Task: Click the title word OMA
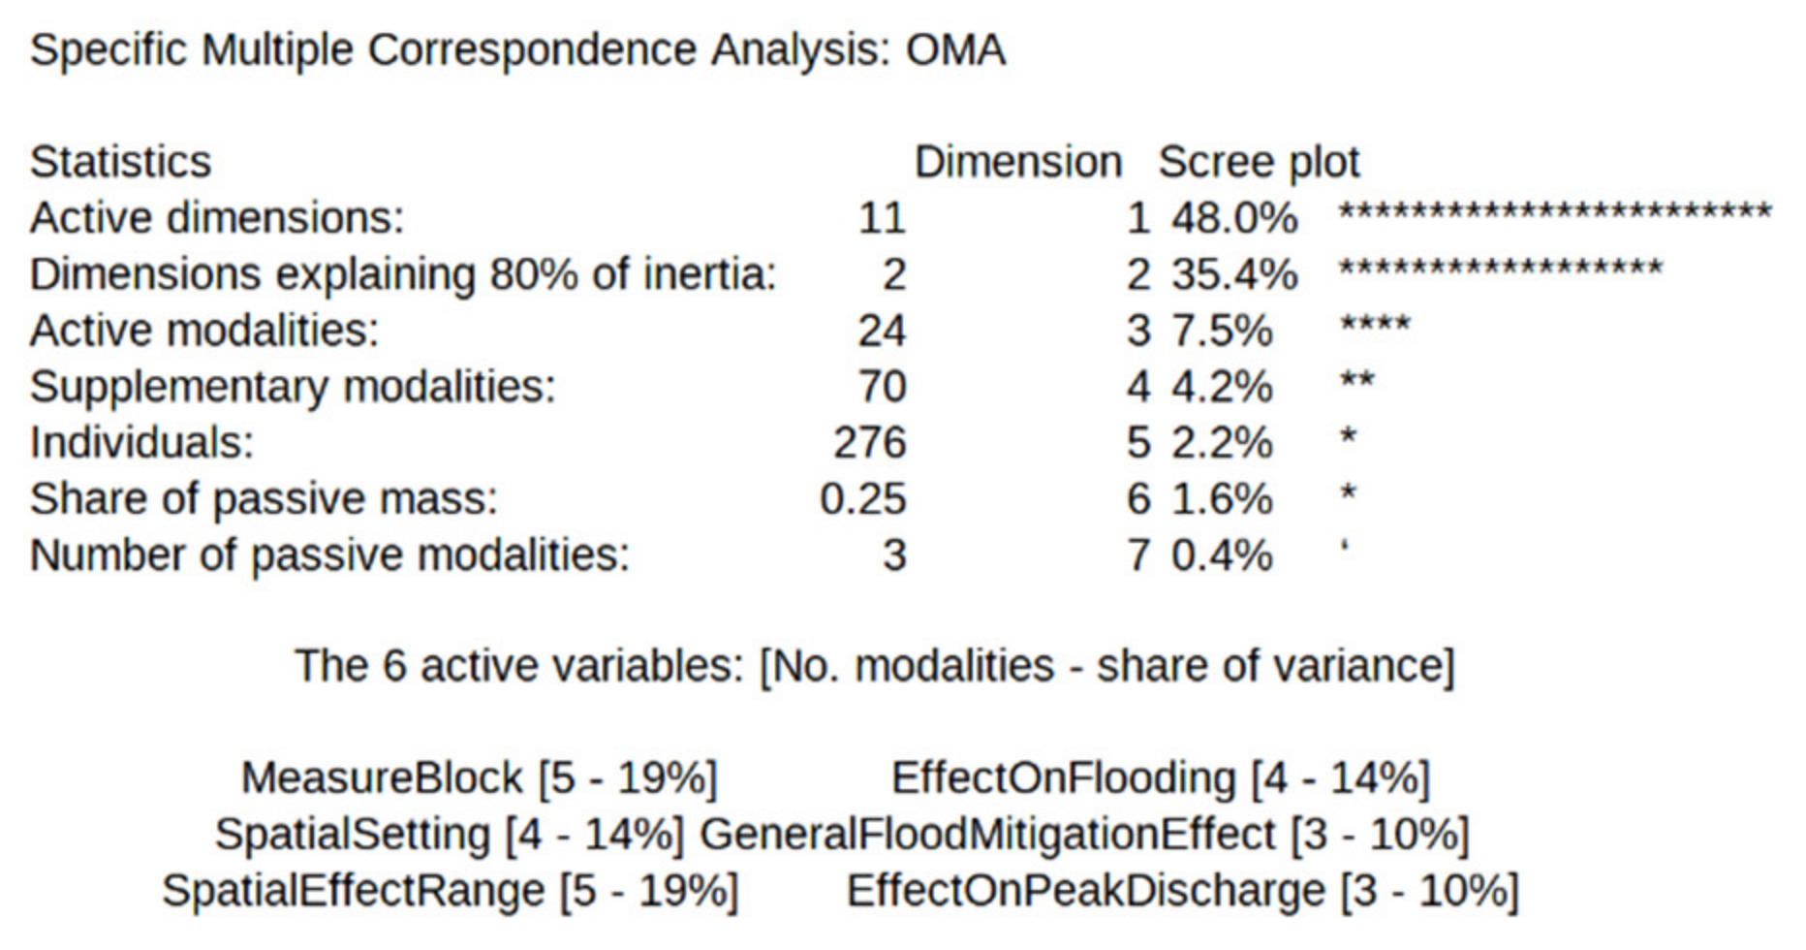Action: pyautogui.click(x=955, y=50)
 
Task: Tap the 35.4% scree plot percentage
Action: pyautogui.click(x=1233, y=275)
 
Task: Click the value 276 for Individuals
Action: pyautogui.click(x=869, y=443)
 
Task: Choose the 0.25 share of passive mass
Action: pyautogui.click(x=862, y=499)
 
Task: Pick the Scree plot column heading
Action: pyautogui.click(x=1259, y=162)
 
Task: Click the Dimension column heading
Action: pyautogui.click(x=1017, y=162)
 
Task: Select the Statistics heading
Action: pyautogui.click(x=120, y=162)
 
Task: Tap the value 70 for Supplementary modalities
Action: pyautogui.click(x=881, y=387)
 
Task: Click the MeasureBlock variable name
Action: pyautogui.click(x=381, y=778)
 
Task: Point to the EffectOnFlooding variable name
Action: pyautogui.click(x=1063, y=778)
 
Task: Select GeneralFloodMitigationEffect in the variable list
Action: pyautogui.click(x=986, y=835)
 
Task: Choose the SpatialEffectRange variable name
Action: pyautogui.click(x=353, y=891)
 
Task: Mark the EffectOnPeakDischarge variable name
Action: pyautogui.click(x=1085, y=891)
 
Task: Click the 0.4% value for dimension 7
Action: pyautogui.click(x=1221, y=555)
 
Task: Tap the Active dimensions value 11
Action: pyautogui.click(x=881, y=219)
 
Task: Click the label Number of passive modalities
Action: pyautogui.click(x=329, y=555)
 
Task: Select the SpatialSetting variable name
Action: pyautogui.click(x=352, y=835)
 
